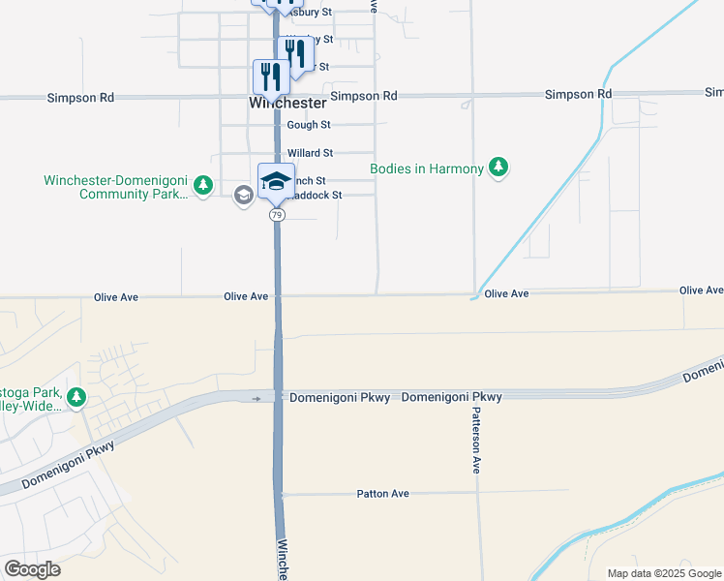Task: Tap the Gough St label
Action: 309,125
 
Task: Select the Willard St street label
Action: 310,153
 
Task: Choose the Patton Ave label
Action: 382,494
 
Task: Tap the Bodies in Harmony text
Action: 427,169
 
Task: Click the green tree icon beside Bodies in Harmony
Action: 498,168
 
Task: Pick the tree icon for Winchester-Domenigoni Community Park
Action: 202,185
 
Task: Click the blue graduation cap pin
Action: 276,181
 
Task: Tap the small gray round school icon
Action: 244,196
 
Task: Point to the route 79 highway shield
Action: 277,215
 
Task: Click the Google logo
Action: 31,569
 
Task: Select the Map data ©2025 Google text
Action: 664,573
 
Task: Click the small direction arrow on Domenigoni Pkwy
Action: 257,398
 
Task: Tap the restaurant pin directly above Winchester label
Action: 271,76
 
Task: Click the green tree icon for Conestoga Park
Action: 76,397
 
